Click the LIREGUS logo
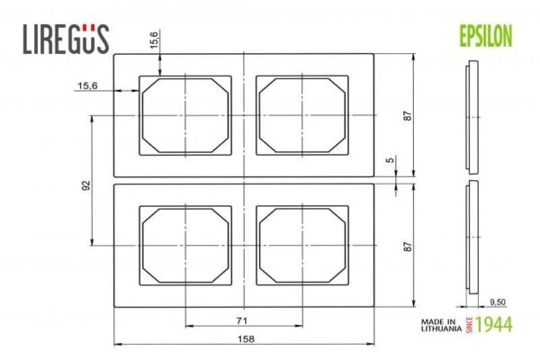point(66,39)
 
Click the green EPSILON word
point(486,36)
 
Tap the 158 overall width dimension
point(246,339)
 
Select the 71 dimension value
point(242,320)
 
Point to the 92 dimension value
point(86,185)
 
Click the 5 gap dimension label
point(390,160)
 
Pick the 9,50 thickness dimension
point(498,302)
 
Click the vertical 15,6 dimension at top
point(154,40)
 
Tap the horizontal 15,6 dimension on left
point(87,85)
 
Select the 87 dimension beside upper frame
point(408,115)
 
